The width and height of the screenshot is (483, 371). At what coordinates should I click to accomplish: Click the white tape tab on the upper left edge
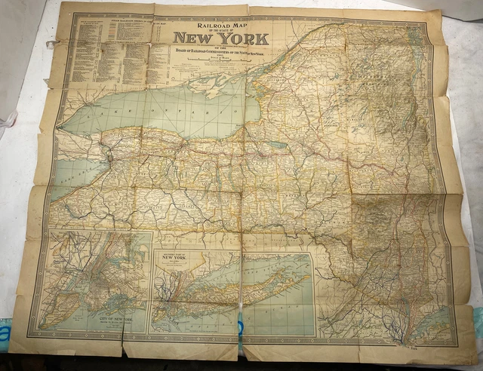pos(51,45)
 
